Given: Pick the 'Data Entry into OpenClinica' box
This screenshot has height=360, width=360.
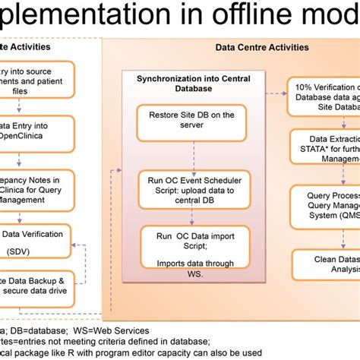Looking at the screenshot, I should point(38,134).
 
